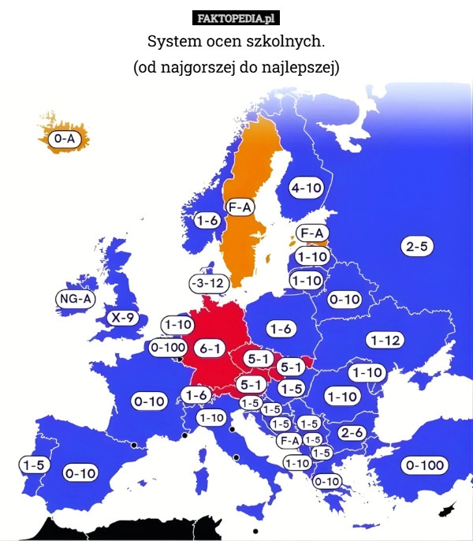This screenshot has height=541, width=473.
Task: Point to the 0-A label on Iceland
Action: (65, 138)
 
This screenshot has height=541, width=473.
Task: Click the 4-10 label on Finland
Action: (306, 188)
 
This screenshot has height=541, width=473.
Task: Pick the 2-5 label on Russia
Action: (417, 247)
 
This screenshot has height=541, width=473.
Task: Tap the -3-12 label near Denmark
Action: (208, 282)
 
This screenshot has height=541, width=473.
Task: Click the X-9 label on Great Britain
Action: (123, 318)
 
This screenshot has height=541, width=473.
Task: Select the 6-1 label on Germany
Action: (211, 348)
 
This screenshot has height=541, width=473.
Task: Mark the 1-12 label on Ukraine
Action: (385, 340)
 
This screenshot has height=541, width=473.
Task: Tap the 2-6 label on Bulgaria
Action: (351, 433)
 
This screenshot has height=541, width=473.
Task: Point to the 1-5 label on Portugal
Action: (33, 465)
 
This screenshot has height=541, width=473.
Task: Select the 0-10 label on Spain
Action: (80, 473)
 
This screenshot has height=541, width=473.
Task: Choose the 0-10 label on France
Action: (149, 401)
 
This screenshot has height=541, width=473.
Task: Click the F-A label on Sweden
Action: (240, 207)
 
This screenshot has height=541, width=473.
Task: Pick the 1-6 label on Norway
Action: (207, 221)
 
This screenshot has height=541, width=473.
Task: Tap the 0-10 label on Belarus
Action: (345, 300)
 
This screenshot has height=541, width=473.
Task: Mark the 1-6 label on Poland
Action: (281, 328)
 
